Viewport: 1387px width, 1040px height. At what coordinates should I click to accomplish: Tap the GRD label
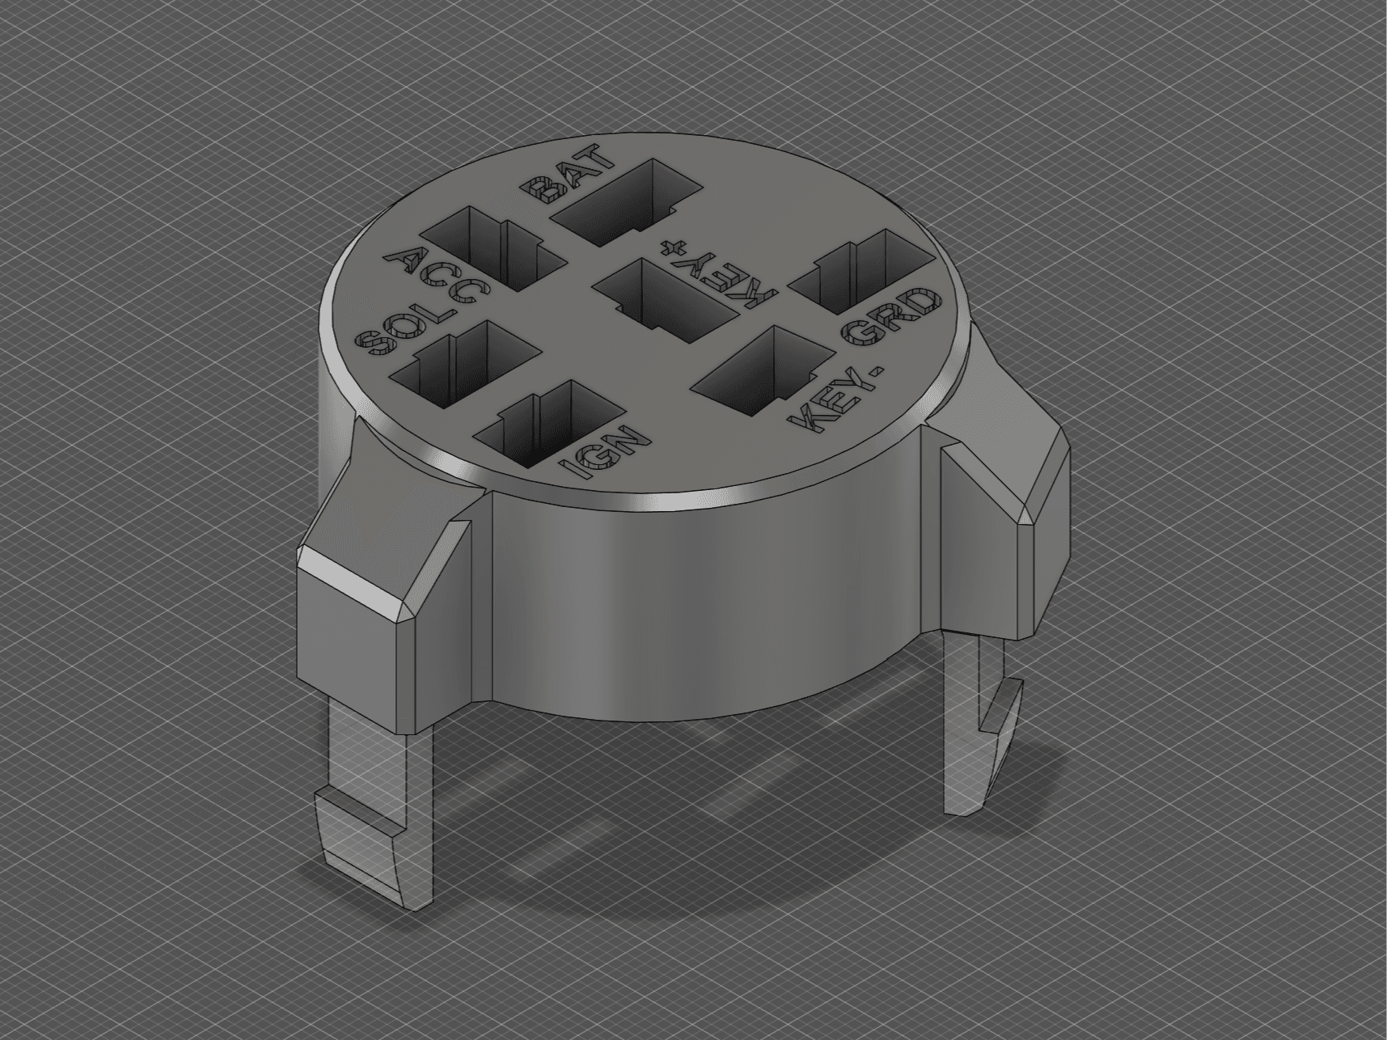click(x=893, y=319)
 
